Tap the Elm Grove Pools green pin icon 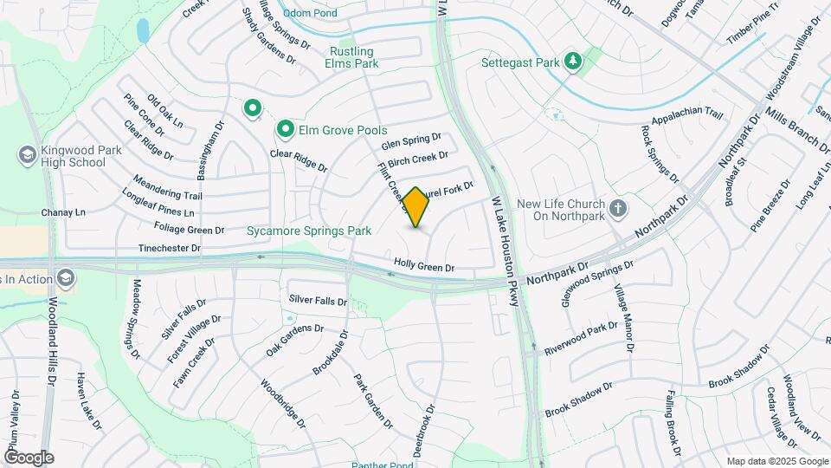coord(285,130)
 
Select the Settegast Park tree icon coord(571,62)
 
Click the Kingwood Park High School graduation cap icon coord(26,154)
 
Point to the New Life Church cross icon coord(617,209)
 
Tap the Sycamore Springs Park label coord(309,231)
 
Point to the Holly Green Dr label coord(424,268)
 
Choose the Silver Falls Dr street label coord(318,300)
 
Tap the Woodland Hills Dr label coord(51,341)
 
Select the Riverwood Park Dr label coord(581,339)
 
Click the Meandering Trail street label coord(167,187)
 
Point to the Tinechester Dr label coord(170,248)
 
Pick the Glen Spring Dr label coord(411,140)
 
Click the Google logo coord(29,457)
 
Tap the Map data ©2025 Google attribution coord(776,461)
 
